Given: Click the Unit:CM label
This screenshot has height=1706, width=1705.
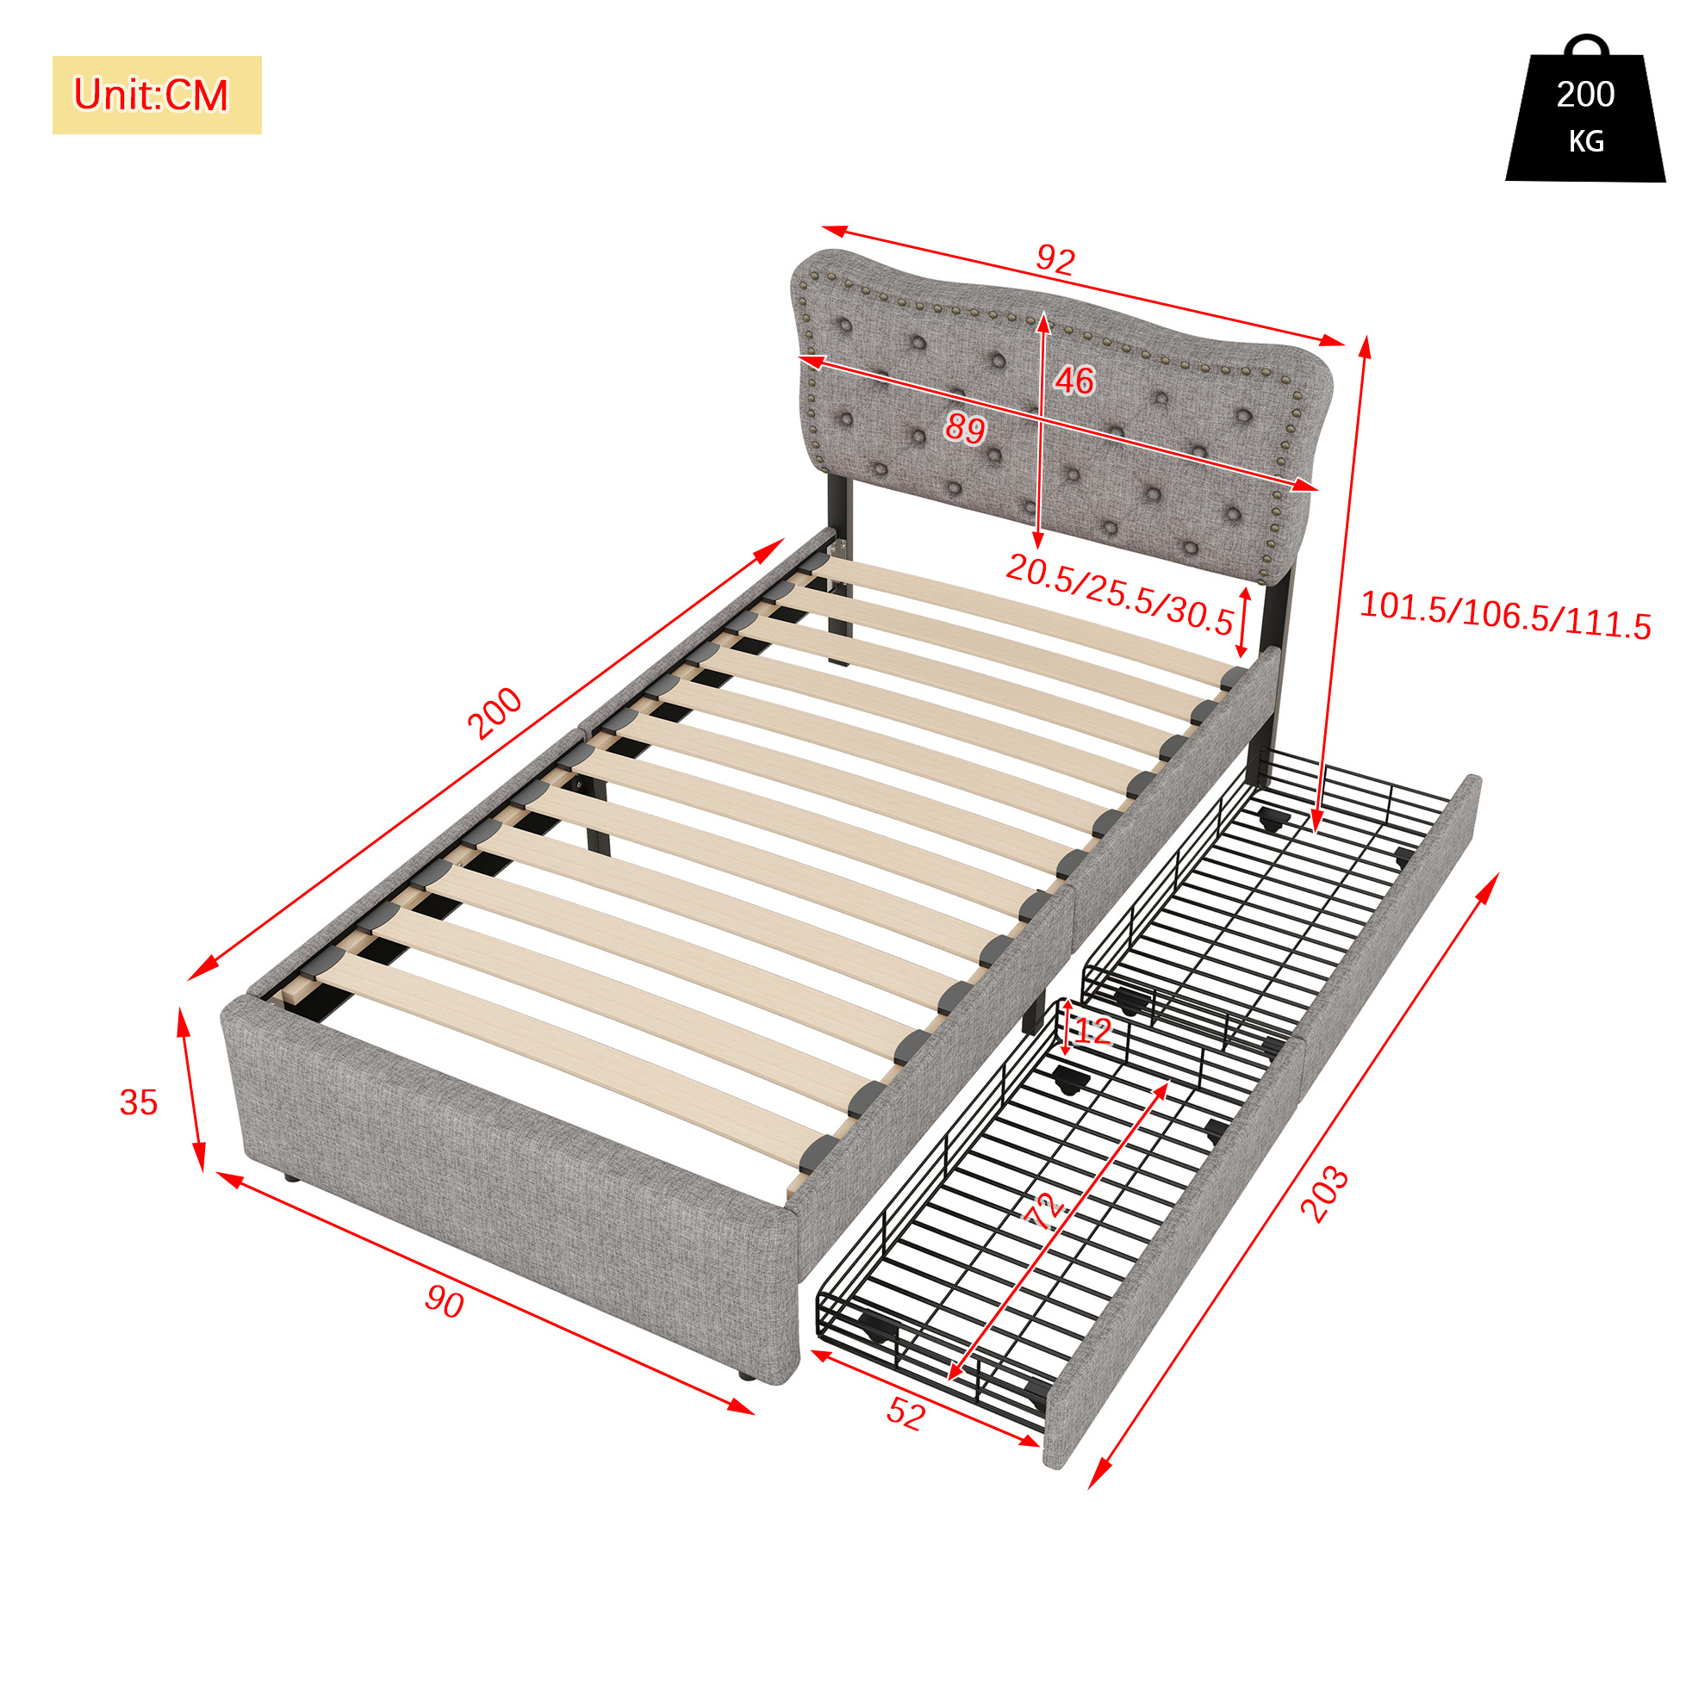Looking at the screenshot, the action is (151, 95).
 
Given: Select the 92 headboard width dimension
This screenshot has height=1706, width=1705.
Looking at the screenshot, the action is (1055, 259).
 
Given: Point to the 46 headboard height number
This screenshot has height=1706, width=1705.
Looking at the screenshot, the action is (1074, 380).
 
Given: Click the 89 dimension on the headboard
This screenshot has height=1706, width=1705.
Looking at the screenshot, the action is (965, 428).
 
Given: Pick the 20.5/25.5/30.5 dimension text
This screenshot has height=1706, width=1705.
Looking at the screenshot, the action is (1119, 594).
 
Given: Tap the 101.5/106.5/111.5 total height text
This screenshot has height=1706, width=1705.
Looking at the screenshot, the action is (1504, 615).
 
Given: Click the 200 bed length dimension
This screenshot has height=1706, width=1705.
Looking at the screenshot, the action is (495, 712).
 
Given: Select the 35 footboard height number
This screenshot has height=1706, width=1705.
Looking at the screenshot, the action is (139, 1102).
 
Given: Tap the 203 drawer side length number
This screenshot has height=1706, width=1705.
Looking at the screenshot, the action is (1325, 1194).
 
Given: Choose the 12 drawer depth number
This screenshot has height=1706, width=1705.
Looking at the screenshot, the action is (1092, 1032).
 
